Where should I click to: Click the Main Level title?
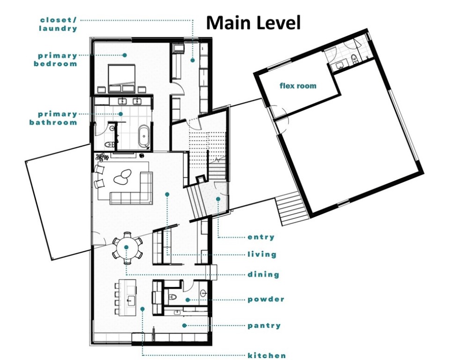coord(253,22)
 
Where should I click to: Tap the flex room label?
coord(298,86)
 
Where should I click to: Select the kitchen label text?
coord(267,355)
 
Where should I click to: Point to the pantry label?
coord(264,325)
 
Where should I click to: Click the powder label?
coord(266,299)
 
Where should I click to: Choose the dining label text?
coord(263,274)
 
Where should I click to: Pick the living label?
coord(262,255)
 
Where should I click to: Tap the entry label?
coord(261,237)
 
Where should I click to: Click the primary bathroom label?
coord(53,118)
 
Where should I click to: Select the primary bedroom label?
coord(56,60)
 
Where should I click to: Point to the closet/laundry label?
coord(58,24)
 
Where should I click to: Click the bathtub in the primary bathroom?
coord(144,136)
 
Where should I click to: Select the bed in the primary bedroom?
coord(122,78)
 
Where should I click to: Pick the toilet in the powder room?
coord(173,297)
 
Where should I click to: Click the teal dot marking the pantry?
coord(184,325)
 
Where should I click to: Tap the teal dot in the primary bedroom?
coord(125,55)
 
